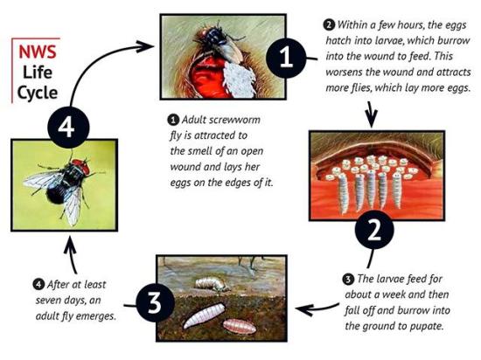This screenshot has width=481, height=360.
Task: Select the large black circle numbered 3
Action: click(x=153, y=304)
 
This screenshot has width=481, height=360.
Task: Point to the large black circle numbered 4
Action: click(x=63, y=128)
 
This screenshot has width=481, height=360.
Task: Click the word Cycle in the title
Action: click(x=39, y=91)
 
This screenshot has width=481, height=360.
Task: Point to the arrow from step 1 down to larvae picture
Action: click(x=371, y=113)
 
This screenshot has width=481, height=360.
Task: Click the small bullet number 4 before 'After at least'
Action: click(x=13, y=285)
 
